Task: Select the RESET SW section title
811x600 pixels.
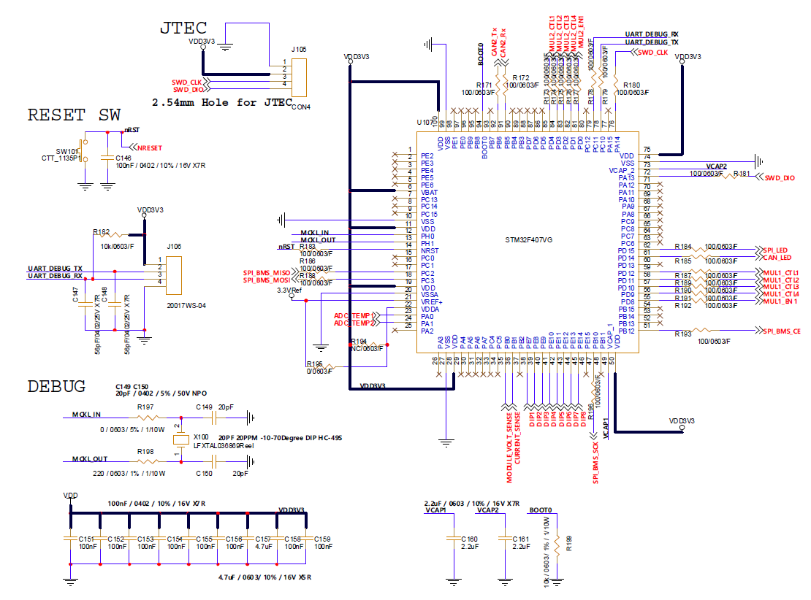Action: coord(74,115)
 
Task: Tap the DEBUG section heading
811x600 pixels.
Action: coord(56,386)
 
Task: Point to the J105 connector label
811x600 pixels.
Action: coord(298,50)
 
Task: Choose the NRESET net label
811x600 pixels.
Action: coord(149,147)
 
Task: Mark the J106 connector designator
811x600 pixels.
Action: coord(175,247)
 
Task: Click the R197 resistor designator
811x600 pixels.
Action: coord(145,407)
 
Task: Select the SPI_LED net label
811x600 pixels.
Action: coord(776,249)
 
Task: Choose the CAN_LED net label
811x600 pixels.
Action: coord(777,257)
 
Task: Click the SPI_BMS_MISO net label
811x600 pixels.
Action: coord(267,273)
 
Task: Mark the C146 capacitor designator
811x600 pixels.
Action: coord(123,158)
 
